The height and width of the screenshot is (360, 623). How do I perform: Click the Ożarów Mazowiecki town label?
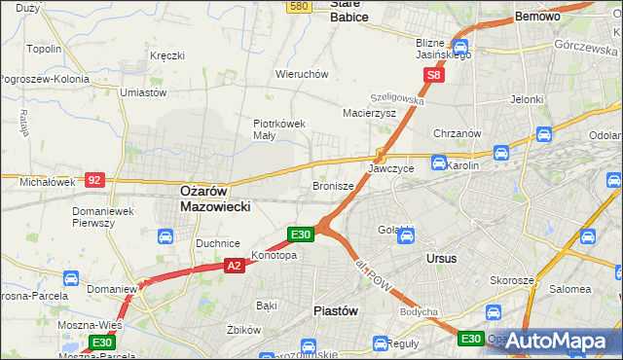click(216, 199)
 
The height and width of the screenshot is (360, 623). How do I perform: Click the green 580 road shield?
click(299, 6)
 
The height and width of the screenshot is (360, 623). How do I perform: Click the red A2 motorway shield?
click(234, 265)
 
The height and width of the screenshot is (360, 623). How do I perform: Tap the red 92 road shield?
click(94, 179)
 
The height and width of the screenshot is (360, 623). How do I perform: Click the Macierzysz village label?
click(369, 113)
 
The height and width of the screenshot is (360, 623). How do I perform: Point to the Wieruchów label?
click(302, 74)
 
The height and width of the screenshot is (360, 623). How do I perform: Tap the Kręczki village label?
click(167, 55)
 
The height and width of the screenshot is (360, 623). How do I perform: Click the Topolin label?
click(45, 49)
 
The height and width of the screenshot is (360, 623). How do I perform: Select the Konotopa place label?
click(274, 256)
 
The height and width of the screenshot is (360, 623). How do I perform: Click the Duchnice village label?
click(218, 244)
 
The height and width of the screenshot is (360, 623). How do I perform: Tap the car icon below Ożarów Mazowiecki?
click(165, 236)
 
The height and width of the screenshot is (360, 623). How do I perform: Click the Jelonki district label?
click(527, 99)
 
